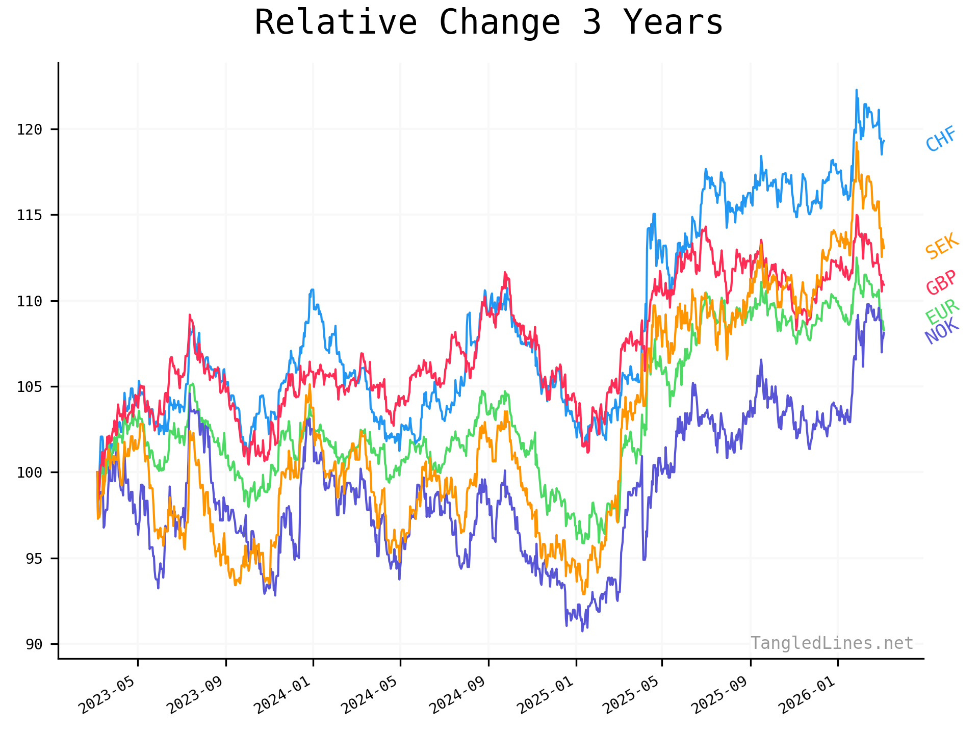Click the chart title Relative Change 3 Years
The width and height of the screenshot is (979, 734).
pos(488,23)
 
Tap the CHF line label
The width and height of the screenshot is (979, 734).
pos(941,139)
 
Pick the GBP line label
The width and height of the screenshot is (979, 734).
pos(941,282)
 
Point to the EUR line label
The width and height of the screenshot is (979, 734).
pos(942,311)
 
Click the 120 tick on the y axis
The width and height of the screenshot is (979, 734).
pos(30,129)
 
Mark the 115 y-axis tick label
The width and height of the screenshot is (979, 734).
pos(30,215)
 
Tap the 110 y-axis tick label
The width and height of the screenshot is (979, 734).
pos(30,301)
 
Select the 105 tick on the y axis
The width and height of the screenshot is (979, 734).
pos(30,387)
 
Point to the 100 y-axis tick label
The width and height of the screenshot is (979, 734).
pos(30,473)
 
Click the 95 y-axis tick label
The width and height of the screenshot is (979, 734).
pos(34,559)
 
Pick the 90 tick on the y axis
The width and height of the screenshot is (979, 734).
pos(34,644)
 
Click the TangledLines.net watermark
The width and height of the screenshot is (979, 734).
pos(832,643)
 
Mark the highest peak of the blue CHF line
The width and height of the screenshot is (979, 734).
pos(857,90)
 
